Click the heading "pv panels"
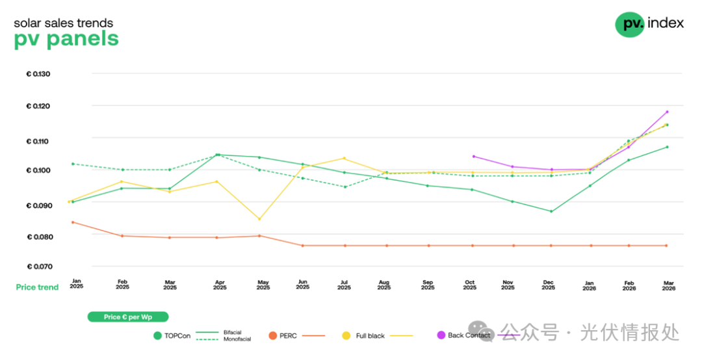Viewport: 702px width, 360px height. point(66,39)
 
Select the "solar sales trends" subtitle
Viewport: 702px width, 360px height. point(63,23)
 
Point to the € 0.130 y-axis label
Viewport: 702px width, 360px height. point(38,74)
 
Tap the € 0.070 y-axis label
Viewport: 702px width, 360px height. point(38,266)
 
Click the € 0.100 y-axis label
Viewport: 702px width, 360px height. point(38,170)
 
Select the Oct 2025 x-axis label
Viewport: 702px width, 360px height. point(469,285)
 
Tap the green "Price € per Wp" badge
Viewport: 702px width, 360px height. point(128,317)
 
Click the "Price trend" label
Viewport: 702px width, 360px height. point(37,287)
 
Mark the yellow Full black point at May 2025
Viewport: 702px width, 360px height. point(259,219)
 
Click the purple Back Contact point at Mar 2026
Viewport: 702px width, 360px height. point(667,112)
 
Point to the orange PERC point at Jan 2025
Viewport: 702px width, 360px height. point(73,222)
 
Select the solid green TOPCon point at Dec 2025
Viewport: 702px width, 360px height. point(551,211)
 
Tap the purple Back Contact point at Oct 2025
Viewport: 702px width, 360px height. point(473,156)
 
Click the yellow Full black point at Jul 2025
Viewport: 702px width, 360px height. point(344,159)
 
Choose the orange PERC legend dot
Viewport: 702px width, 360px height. point(273,336)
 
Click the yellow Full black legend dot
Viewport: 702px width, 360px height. point(346,336)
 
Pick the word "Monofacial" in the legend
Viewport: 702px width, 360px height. point(237,340)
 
